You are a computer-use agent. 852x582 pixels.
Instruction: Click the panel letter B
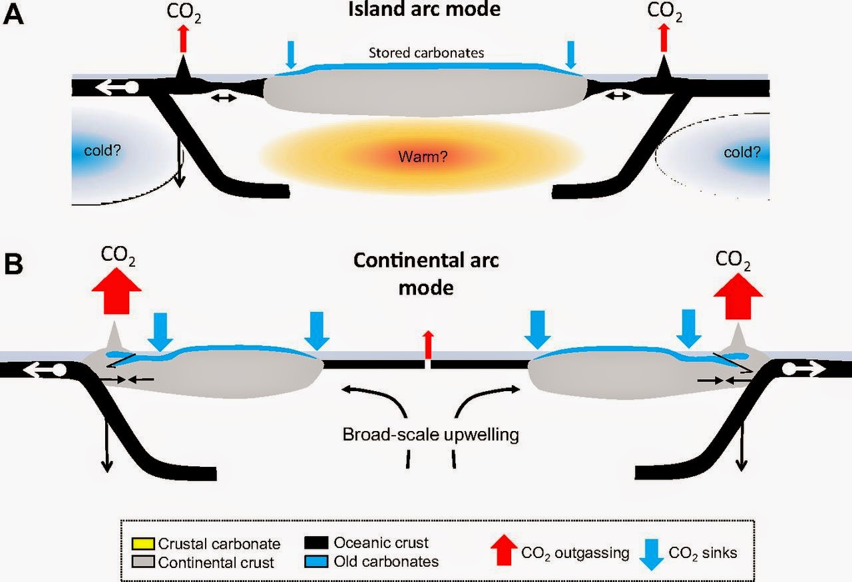click(14, 264)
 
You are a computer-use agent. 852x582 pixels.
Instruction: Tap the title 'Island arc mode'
click(424, 9)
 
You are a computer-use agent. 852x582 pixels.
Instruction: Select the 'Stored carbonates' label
click(427, 53)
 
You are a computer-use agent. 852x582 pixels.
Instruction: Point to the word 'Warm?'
click(423, 156)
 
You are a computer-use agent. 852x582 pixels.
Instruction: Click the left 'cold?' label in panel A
click(103, 150)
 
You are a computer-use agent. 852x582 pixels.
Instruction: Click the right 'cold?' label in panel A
click(742, 152)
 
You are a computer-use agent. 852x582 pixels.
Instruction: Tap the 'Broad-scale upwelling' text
click(431, 434)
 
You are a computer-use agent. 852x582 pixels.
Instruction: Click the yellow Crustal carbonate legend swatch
click(143, 543)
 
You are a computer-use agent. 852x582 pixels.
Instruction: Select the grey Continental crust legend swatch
click(143, 562)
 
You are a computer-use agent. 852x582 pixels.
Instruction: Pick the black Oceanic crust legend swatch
click(316, 543)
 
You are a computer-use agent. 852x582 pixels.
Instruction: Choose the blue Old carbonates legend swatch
click(316, 561)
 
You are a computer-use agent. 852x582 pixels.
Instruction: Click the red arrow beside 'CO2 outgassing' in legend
click(504, 549)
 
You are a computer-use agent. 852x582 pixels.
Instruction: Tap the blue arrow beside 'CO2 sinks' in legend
click(652, 555)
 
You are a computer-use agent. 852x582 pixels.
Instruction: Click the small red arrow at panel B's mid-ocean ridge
click(428, 345)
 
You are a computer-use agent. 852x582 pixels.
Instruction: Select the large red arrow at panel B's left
click(116, 291)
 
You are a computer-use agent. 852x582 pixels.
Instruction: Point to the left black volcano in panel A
click(183, 69)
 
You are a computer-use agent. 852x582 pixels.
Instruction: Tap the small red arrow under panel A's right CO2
click(664, 37)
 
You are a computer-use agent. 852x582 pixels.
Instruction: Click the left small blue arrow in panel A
click(291, 55)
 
